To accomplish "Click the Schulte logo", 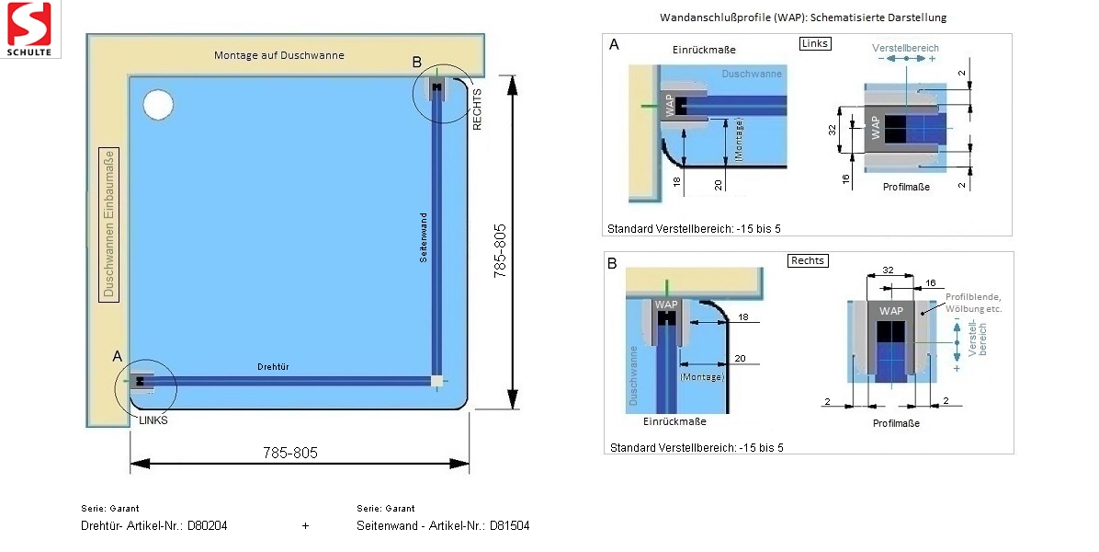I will tap(30, 29).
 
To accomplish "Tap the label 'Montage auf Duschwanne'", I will tap(279, 55).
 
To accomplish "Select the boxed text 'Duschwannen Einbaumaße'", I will tap(108, 226).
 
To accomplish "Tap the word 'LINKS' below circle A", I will tap(154, 420).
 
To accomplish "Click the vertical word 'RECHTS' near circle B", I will tap(477, 109).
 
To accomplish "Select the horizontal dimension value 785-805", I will tap(290, 453).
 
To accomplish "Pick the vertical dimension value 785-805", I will tap(500, 249).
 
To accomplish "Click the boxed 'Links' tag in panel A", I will tap(815, 43).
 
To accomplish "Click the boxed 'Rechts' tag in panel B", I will tap(809, 260).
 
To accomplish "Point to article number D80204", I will tap(207, 526).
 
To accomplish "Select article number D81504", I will tap(509, 526).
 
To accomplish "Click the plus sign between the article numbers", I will tap(305, 526).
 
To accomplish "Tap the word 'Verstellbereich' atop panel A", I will tap(906, 48).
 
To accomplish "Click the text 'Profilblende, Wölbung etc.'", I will tap(972, 303).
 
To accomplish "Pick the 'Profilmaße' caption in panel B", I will tap(896, 423).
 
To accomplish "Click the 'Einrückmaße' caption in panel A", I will tap(703, 50).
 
